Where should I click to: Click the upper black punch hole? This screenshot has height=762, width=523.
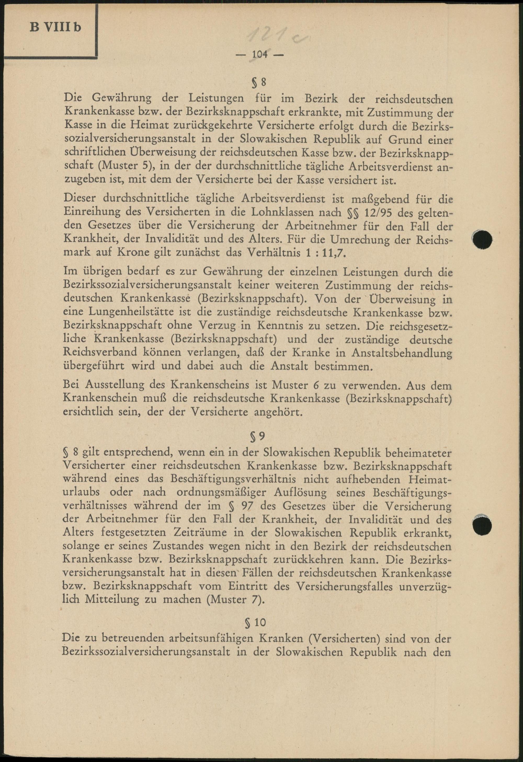coord(483,240)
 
